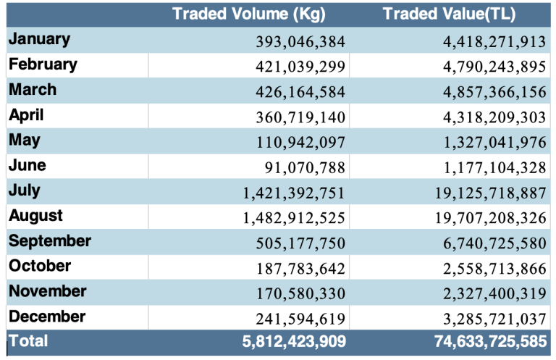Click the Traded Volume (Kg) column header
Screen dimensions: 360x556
click(x=249, y=14)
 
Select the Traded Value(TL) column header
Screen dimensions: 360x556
click(x=450, y=14)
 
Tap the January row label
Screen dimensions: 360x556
click(x=40, y=39)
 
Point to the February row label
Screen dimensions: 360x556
click(x=43, y=64)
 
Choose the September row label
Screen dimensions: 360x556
click(x=50, y=241)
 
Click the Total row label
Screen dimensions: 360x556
click(x=28, y=339)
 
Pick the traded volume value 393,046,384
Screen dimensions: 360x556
click(x=300, y=41)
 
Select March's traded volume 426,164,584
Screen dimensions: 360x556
click(x=300, y=92)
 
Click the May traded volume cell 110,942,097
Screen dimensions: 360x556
click(x=300, y=143)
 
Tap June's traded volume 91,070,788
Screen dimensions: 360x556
click(x=305, y=168)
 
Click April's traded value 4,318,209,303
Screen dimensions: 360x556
click(x=494, y=117)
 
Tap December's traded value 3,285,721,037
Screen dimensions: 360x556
click(x=494, y=319)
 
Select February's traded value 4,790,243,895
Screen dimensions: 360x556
click(x=494, y=67)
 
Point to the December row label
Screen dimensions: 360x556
click(x=47, y=317)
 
